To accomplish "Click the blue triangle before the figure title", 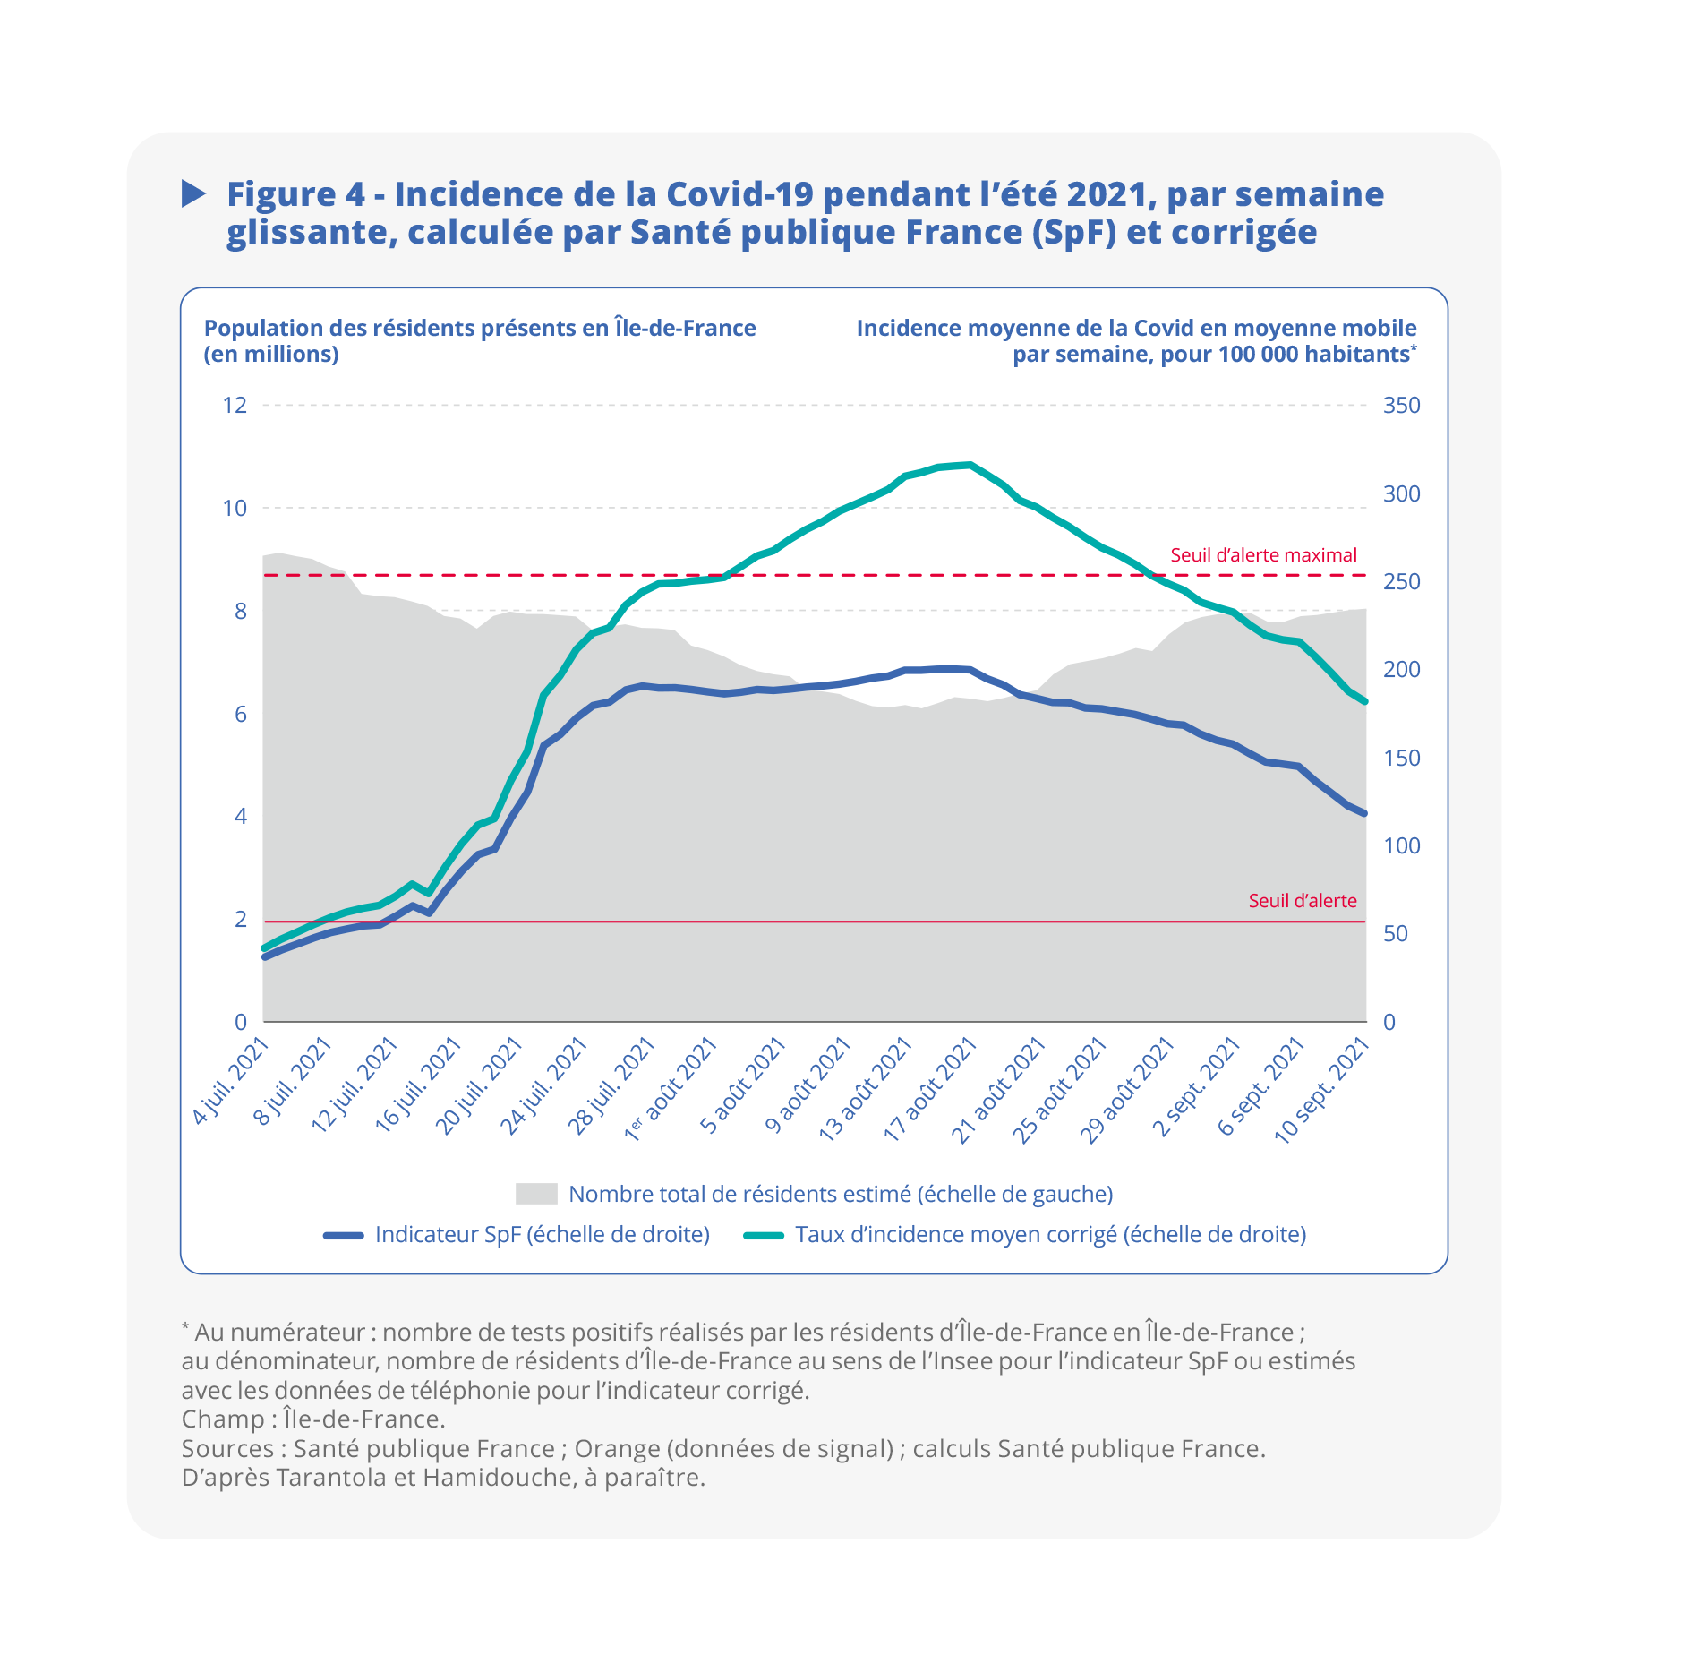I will [192, 193].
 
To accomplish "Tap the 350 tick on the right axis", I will [1401, 406].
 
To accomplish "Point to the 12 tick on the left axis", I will [235, 406].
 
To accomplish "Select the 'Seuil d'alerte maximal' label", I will [1263, 555].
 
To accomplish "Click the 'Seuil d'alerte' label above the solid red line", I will [1302, 901].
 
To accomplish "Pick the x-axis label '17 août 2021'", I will [931, 1089].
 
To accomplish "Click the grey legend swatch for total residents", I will [536, 1194].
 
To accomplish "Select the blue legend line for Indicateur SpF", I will [344, 1235].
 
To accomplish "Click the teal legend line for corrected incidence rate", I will [764, 1235].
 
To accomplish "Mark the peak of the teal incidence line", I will [970, 465].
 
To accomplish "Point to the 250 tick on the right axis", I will [1401, 582].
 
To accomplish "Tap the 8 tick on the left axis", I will [240, 612].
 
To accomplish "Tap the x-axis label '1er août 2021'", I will [671, 1089].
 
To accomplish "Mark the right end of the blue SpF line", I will [1364, 813].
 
